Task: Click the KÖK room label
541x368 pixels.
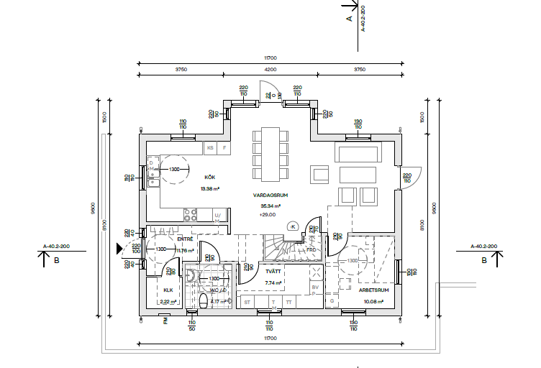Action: (210, 177)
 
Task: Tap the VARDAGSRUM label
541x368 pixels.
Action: (270, 195)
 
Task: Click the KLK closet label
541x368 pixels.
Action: (168, 290)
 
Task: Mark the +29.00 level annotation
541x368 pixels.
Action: (268, 214)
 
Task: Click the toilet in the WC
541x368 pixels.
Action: (203, 300)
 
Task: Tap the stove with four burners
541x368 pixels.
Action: (191, 214)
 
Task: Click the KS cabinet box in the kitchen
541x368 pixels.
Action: (211, 148)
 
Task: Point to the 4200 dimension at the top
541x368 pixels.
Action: (270, 70)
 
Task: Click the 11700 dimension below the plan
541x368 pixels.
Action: (270, 338)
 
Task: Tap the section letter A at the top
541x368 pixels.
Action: (350, 19)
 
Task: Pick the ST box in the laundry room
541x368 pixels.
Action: (247, 303)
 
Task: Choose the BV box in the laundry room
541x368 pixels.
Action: (314, 287)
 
